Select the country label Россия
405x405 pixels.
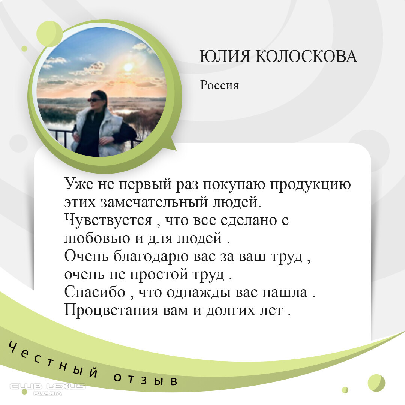coord(219,85)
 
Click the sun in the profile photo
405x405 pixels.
coord(128,67)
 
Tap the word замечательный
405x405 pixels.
coord(154,202)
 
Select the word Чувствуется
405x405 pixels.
coord(108,220)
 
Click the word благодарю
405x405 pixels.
coord(151,256)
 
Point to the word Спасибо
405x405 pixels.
coord(94,292)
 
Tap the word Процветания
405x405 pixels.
coord(111,310)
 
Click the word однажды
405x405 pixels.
coord(199,293)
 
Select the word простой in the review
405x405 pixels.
coord(159,274)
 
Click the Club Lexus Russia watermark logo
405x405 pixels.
coord(48,389)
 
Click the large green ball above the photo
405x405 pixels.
coord(49,34)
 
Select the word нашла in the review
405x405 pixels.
coord(285,292)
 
